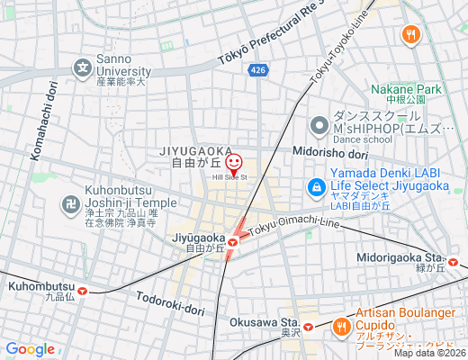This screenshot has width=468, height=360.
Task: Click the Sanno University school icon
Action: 83,67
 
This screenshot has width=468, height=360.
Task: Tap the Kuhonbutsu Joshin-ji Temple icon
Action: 70,204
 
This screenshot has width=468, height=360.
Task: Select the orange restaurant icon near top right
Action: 411,35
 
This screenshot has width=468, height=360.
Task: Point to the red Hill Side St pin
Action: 234,164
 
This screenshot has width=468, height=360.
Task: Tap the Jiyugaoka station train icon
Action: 233,240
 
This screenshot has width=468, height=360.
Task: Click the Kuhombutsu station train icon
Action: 84,290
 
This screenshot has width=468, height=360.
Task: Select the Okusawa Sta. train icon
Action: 309,327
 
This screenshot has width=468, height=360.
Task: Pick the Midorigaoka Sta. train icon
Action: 454,263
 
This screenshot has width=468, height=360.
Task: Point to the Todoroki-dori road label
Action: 171,302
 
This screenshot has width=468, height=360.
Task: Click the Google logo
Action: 31,349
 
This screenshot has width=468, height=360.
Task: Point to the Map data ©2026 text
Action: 428,353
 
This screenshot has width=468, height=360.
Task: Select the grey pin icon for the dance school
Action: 318,126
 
